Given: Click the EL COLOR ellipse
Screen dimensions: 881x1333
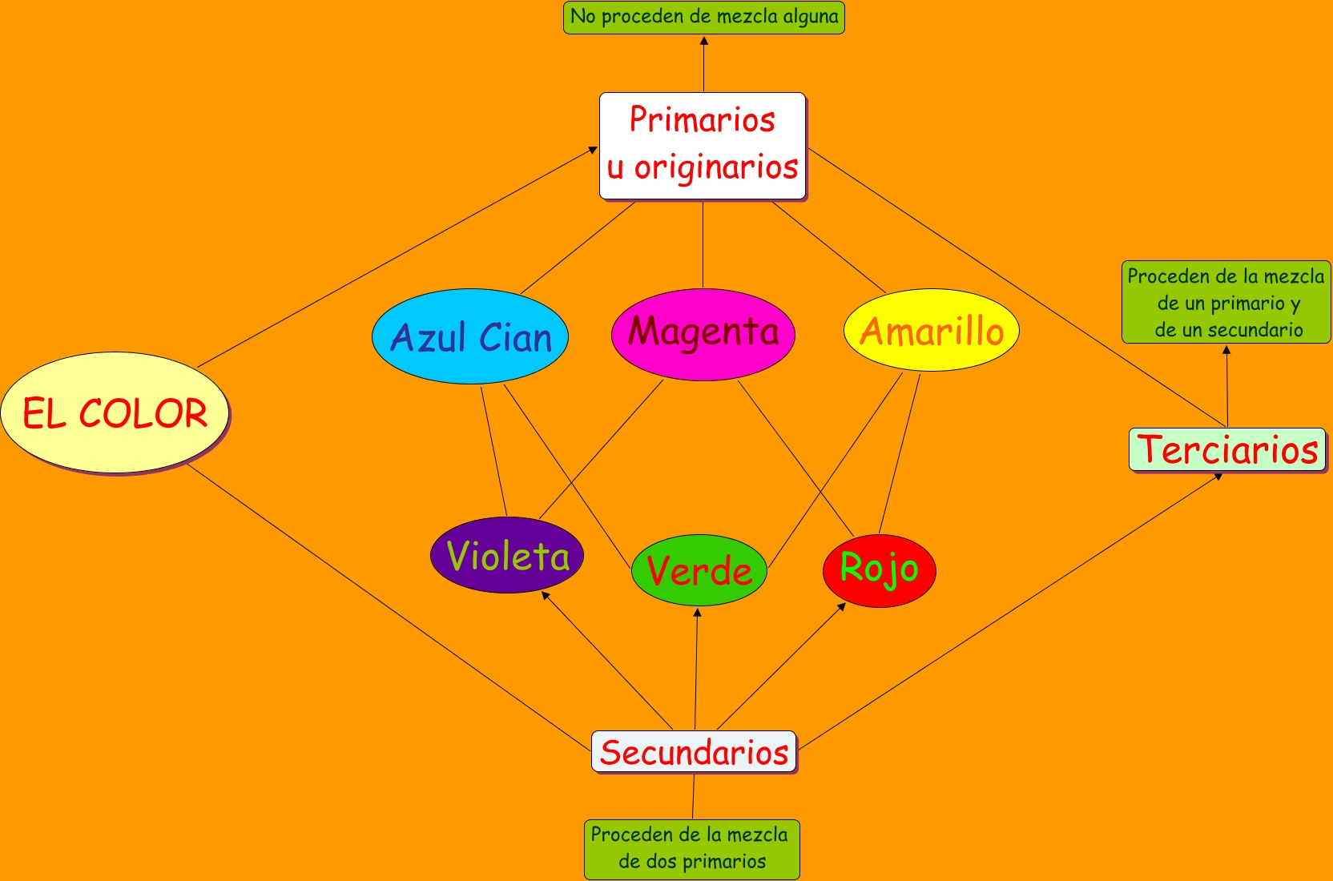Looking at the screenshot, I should click(115, 412).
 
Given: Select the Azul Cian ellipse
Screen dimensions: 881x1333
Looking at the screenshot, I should click(470, 336).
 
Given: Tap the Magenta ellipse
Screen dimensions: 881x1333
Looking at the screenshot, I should click(703, 334).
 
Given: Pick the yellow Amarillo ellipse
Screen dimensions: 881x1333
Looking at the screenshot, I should click(931, 330).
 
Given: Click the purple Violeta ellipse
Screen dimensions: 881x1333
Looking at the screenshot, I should click(507, 555).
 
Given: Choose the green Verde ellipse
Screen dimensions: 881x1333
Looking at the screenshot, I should click(699, 570).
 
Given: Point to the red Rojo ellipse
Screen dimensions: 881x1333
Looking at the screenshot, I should click(879, 570).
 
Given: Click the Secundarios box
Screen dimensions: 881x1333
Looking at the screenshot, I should click(694, 752).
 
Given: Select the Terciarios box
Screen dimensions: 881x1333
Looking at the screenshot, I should click(1227, 450).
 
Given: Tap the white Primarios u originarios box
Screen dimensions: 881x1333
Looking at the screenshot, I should click(703, 146).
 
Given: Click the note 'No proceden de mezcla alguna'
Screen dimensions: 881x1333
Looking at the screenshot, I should click(703, 17).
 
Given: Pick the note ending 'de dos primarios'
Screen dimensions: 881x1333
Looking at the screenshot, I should click(691, 849).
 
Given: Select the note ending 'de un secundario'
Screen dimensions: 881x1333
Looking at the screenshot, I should click(1226, 302).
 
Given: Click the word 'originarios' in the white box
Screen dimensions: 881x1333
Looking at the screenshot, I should click(716, 168).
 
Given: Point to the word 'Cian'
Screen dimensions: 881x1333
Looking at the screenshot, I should click(515, 337).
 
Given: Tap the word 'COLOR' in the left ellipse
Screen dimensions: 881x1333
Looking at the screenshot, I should click(143, 413).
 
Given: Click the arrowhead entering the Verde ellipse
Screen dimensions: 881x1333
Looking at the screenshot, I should click(697, 613).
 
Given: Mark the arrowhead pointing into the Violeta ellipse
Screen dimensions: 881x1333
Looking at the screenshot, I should click(546, 595).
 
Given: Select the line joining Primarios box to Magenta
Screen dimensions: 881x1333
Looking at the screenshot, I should click(703, 244).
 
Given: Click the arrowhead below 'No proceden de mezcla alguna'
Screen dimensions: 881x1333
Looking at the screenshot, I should click(703, 41).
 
